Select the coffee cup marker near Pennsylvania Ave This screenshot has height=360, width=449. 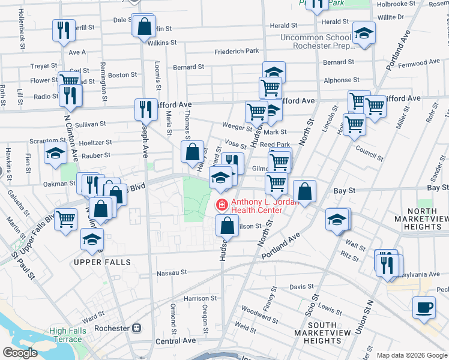tap(424, 308)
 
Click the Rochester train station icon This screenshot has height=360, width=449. tap(137, 328)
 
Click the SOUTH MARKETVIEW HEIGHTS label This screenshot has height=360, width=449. tap(318, 337)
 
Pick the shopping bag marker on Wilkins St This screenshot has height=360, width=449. tap(145, 27)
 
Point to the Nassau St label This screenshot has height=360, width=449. tap(172, 272)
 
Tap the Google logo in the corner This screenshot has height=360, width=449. tap(19, 353)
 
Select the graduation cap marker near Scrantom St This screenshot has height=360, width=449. tap(55, 154)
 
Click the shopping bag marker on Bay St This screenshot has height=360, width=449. tap(304, 191)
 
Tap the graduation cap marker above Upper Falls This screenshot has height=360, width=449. tap(92, 239)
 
